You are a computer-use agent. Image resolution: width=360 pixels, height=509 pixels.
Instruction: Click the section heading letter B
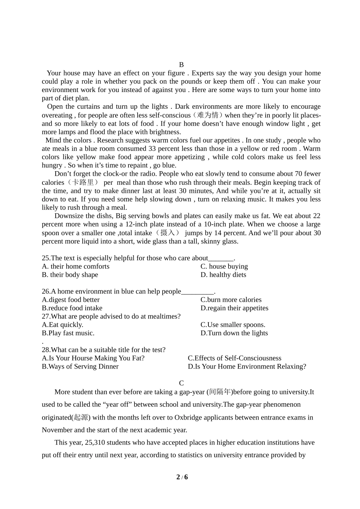(181, 65)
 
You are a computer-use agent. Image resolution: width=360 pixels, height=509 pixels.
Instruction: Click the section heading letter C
(182, 383)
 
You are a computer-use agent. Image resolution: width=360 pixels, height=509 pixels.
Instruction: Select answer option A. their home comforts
(75, 266)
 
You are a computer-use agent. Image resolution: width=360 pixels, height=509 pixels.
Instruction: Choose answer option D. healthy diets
(223, 275)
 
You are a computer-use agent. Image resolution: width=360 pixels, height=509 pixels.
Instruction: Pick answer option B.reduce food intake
(72, 308)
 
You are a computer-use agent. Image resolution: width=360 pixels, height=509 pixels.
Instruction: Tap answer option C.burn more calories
(231, 300)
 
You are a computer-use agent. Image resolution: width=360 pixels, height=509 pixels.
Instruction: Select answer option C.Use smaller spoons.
(233, 325)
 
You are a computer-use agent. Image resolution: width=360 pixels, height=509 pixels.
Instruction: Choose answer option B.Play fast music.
(68, 333)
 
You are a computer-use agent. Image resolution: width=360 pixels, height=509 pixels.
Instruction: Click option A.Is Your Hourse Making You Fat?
(93, 358)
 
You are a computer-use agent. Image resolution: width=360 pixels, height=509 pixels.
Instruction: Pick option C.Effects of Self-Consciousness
(235, 358)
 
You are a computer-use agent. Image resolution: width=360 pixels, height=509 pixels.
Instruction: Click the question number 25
(45, 258)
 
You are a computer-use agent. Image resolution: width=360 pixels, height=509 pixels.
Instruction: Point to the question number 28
(45, 350)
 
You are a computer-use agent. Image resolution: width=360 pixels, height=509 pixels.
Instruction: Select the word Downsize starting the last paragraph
(69, 216)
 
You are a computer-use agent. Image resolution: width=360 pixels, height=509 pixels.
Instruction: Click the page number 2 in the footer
(178, 477)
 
